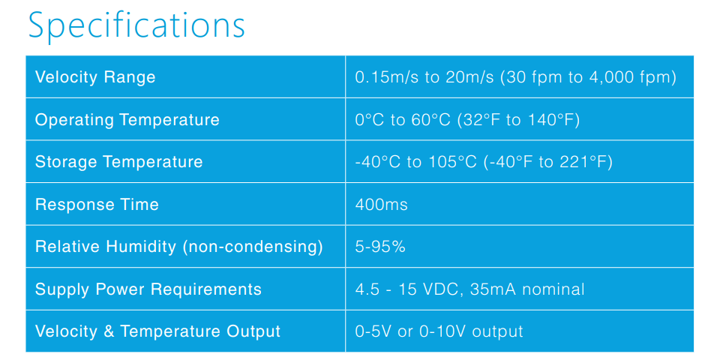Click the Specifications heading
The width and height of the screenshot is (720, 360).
pyautogui.click(x=136, y=26)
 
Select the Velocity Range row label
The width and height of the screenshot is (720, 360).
pyautogui.click(x=95, y=77)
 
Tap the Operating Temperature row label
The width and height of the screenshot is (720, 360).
pyautogui.click(x=127, y=120)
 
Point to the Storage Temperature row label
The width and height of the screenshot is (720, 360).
pyautogui.click(x=119, y=162)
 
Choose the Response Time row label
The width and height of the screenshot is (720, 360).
pyautogui.click(x=97, y=204)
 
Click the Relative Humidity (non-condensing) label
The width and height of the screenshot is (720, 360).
pyautogui.click(x=179, y=247)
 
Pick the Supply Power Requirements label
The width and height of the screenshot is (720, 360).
pyautogui.click(x=148, y=289)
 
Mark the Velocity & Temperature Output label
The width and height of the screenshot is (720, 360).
pyautogui.click(x=157, y=331)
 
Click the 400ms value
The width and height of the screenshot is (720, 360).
pyautogui.click(x=381, y=204)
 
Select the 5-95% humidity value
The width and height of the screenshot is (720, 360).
pyautogui.click(x=380, y=247)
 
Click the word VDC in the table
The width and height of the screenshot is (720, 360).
pyautogui.click(x=440, y=289)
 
